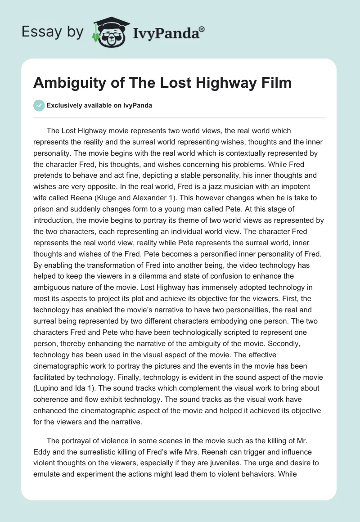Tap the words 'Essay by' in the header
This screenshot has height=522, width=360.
click(x=53, y=32)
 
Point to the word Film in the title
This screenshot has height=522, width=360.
click(x=275, y=83)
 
